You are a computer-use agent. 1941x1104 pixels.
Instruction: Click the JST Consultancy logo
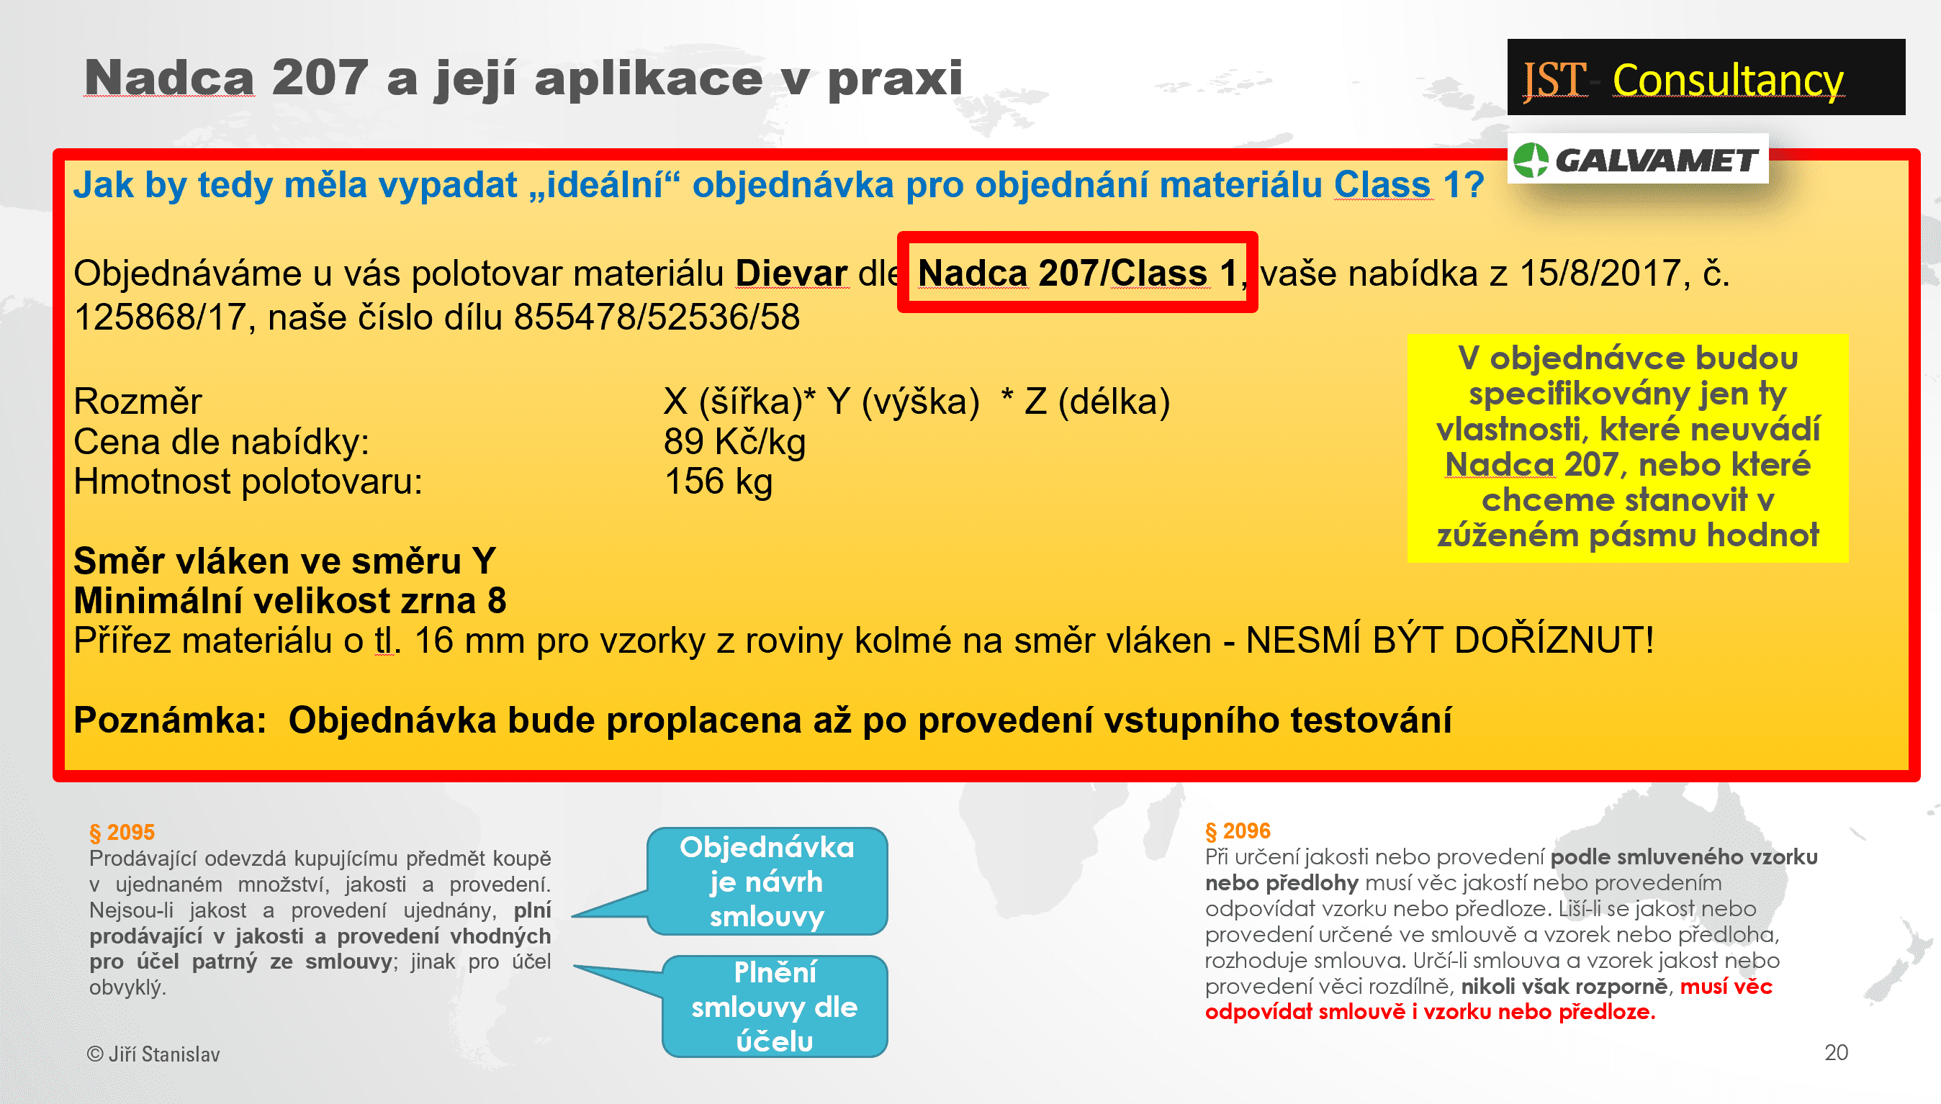[x=1705, y=77]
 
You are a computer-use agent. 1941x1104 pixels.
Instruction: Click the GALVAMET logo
[x=1637, y=159]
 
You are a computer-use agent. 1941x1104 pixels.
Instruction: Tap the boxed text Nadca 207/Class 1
[x=1077, y=272]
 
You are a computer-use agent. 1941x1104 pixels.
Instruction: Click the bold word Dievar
[x=791, y=273]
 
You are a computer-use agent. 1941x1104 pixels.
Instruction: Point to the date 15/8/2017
[x=1604, y=273]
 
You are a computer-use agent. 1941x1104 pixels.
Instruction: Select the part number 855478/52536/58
[x=657, y=317]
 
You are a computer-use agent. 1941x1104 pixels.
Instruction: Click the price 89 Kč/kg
[x=734, y=442]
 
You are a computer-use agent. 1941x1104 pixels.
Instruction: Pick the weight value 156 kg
[x=719, y=482]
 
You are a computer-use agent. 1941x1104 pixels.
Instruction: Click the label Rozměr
[x=138, y=401]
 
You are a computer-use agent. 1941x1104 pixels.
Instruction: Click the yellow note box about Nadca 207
[x=1627, y=448]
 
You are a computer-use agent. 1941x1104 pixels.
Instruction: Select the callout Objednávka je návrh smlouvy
[x=766, y=881]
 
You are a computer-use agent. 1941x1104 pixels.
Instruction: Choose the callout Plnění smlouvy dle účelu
[x=774, y=1006]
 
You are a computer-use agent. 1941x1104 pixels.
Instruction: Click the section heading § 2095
[x=122, y=833]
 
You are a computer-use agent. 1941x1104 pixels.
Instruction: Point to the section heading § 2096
[x=1238, y=831]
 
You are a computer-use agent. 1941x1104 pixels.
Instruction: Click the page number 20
[x=1837, y=1052]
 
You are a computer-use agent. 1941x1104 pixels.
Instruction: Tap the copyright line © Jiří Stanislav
[x=153, y=1054]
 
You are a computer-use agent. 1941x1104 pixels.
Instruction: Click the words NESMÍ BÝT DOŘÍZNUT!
[x=1449, y=641]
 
